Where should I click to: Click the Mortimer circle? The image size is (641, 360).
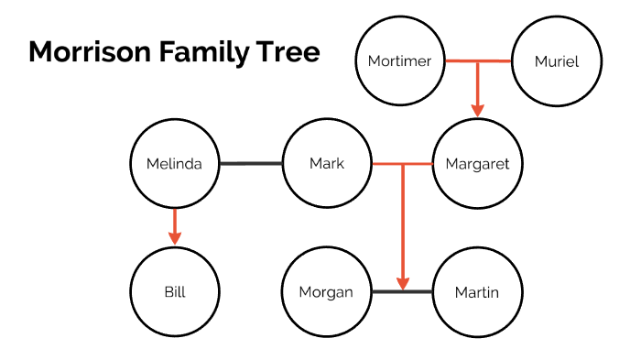tap(399, 61)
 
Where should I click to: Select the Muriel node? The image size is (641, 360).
tap(556, 61)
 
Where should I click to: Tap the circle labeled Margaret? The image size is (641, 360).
tap(477, 164)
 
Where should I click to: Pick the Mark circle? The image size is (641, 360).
tap(327, 164)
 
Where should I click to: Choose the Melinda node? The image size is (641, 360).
tap(174, 164)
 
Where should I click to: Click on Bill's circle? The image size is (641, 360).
tap(174, 293)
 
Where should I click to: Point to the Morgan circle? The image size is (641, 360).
tap(327, 293)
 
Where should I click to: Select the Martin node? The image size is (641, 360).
tap(477, 293)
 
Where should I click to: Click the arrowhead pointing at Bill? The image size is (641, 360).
tap(174, 238)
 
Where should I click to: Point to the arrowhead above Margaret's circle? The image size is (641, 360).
tap(477, 109)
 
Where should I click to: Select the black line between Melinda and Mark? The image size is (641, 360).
tap(250, 164)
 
